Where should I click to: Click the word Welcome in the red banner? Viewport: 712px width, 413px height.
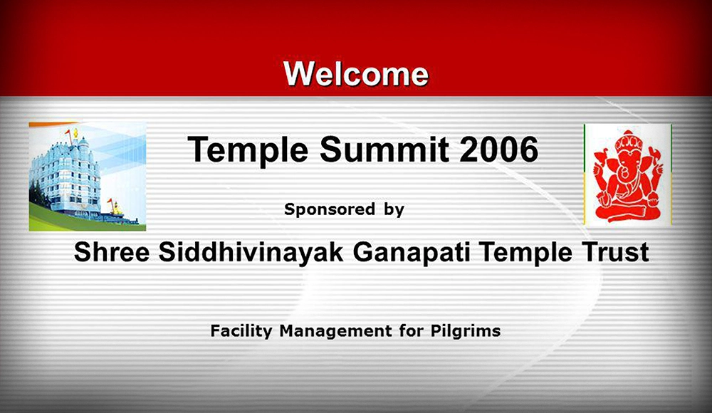[356, 73]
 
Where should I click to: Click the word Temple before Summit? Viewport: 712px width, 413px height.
[248, 151]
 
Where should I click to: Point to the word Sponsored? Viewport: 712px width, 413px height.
[330, 209]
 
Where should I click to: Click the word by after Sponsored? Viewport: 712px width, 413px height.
[394, 210]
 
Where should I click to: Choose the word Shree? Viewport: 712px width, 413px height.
[112, 252]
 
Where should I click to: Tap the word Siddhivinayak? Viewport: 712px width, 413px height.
[251, 253]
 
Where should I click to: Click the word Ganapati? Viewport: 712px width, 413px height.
[412, 253]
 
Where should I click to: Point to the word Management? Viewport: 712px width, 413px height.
[335, 331]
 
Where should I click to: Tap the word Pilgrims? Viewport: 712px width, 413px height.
[466, 331]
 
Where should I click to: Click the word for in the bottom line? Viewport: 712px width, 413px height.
[411, 330]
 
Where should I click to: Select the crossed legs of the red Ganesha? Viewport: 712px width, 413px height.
[628, 211]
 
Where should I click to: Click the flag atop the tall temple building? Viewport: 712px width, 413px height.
[68, 132]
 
